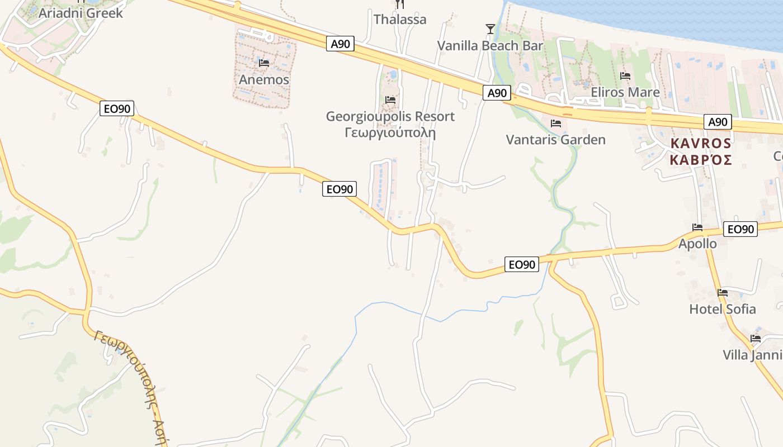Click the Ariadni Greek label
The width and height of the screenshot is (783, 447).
(80, 13)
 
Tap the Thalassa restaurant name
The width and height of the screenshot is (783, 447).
(400, 20)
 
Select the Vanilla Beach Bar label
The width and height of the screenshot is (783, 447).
(490, 45)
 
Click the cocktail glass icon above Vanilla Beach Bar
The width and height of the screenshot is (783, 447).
(490, 28)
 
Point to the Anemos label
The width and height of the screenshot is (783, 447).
(264, 79)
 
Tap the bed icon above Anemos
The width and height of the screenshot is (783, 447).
(264, 63)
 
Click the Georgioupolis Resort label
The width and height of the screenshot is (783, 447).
(390, 117)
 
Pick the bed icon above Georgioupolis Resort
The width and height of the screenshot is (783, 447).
(390, 100)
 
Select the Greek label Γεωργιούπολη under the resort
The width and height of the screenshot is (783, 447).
(390, 133)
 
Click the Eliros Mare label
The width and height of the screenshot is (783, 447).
(625, 92)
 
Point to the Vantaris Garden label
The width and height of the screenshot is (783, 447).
(555, 140)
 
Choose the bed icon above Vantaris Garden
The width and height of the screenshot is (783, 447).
(556, 123)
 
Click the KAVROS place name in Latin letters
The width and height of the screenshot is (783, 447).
(701, 144)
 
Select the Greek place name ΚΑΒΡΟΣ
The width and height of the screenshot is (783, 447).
(701, 160)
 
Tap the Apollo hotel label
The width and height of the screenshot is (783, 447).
(697, 244)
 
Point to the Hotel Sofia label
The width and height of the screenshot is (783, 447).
(723, 309)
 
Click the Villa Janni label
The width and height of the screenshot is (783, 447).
(752, 355)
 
